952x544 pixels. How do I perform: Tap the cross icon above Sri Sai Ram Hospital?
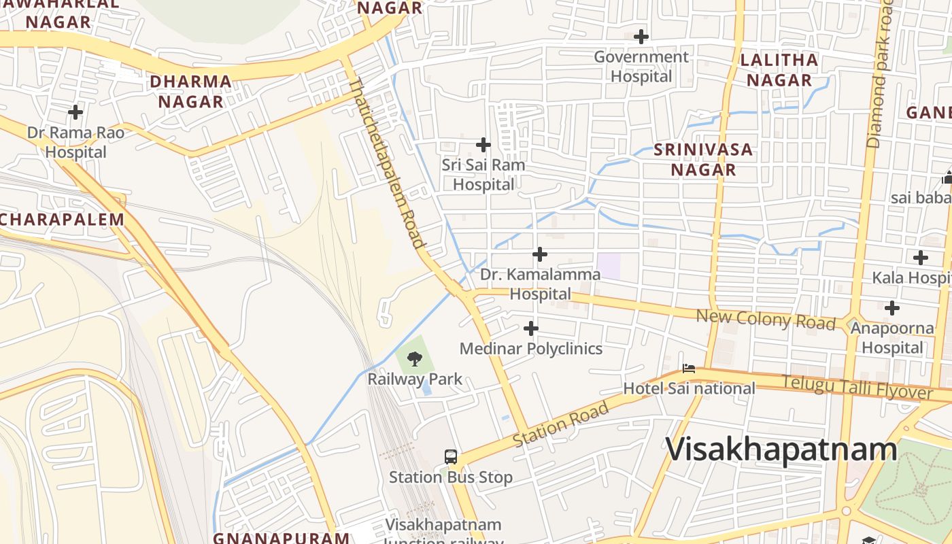tap(483, 145)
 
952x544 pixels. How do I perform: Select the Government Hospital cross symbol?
tap(641, 37)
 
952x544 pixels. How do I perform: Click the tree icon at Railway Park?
tap(414, 358)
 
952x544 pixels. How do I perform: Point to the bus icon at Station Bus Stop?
tap(450, 456)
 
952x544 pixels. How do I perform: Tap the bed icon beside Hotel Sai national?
tap(689, 369)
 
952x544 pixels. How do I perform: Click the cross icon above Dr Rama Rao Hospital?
tap(75, 112)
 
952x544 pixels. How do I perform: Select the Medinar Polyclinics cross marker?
tap(530, 329)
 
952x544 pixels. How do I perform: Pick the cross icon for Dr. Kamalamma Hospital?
tap(539, 254)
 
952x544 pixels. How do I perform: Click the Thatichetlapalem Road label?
tap(387, 163)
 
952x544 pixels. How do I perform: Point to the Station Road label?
tap(560, 424)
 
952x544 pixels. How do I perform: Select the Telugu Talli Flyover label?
tap(857, 388)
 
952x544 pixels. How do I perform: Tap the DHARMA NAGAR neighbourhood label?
tap(190, 91)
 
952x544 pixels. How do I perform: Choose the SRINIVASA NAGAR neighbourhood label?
tap(703, 159)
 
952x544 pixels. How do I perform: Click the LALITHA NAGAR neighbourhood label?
tap(779, 69)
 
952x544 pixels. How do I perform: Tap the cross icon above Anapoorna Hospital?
tap(891, 308)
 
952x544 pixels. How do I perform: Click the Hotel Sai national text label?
tap(690, 388)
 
